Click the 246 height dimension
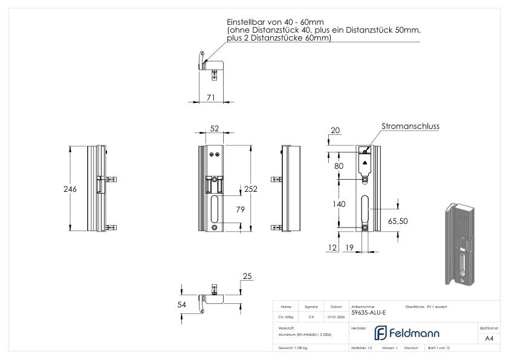pyautogui.click(x=70, y=189)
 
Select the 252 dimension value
pyautogui.click(x=251, y=189)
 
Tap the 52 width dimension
pyautogui.click(x=214, y=129)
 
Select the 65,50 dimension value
pyautogui.click(x=398, y=221)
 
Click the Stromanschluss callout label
pyautogui.click(x=410, y=126)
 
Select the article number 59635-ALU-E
pyautogui.click(x=368, y=313)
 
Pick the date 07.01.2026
pyautogui.click(x=336, y=316)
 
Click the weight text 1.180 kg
pyautogui.click(x=291, y=348)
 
